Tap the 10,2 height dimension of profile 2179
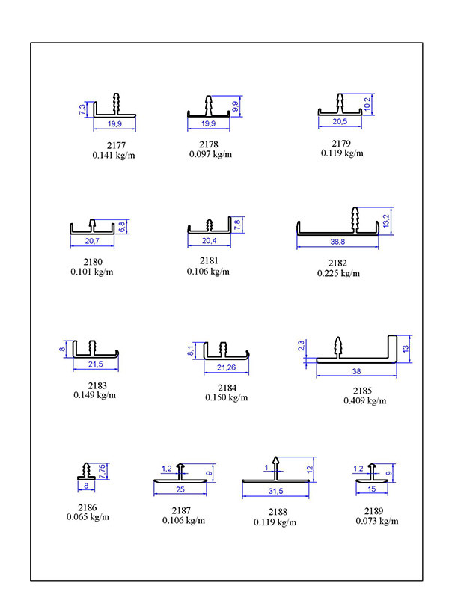tap(367, 103)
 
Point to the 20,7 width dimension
tap(93, 241)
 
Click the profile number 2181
tap(208, 262)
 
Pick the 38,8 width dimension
tap(337, 242)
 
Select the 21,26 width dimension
tap(226, 367)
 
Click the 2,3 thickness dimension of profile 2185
tap(301, 347)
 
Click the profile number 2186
tap(88, 507)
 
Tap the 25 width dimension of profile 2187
tap(180, 489)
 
